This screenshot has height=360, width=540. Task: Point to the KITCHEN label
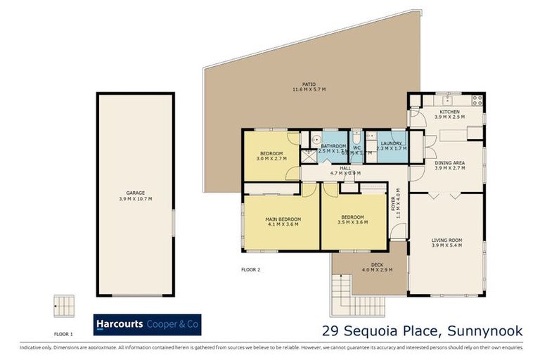pyautogui.click(x=449, y=112)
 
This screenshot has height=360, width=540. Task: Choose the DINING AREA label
pyautogui.click(x=449, y=164)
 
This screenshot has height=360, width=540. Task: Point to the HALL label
pyautogui.click(x=345, y=168)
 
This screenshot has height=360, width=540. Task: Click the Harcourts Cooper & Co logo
pyautogui.click(x=147, y=324)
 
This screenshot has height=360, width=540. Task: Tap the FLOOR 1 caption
pyautogui.click(x=64, y=335)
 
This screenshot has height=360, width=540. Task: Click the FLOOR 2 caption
pyautogui.click(x=250, y=269)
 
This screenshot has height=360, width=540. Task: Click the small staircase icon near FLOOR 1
pyautogui.click(x=64, y=306)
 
